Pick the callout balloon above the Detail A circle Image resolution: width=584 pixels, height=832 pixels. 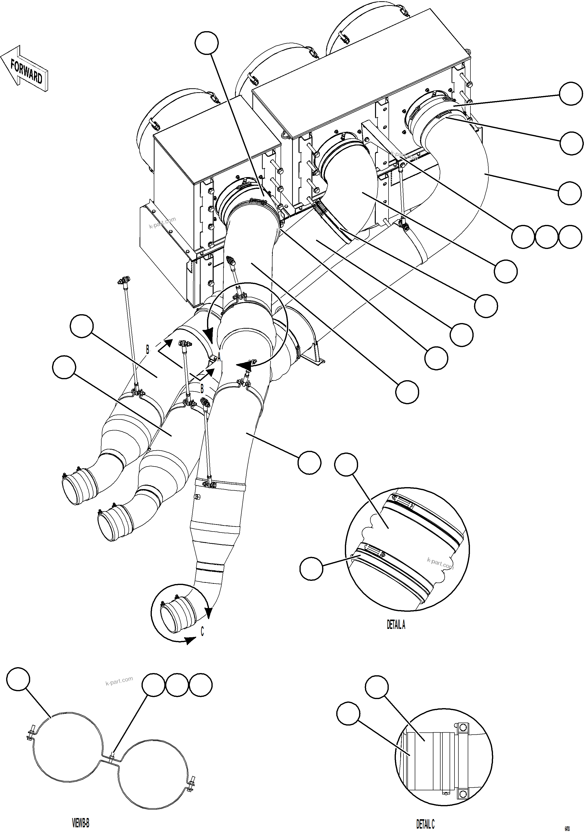[x=346, y=464]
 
